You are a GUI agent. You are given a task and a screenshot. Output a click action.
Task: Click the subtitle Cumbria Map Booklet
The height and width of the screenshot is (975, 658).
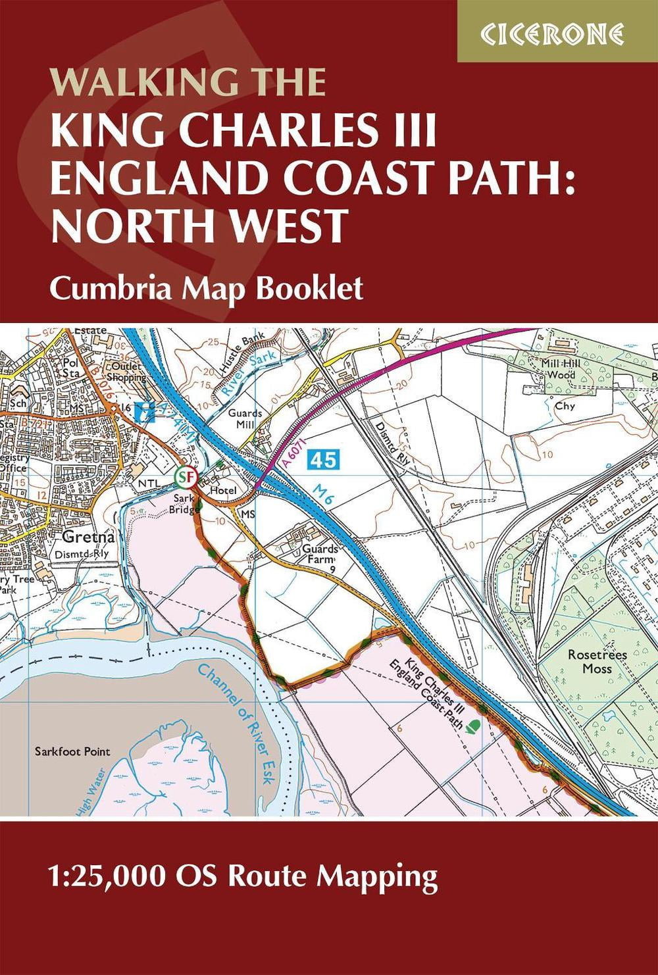pos(206,287)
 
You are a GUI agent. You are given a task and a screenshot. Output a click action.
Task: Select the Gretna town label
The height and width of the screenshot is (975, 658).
pos(89,536)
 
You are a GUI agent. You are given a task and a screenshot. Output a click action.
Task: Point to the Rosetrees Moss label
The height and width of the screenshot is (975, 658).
pos(596,661)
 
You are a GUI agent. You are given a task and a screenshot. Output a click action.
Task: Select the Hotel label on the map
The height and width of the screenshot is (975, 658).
pos(222,490)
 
